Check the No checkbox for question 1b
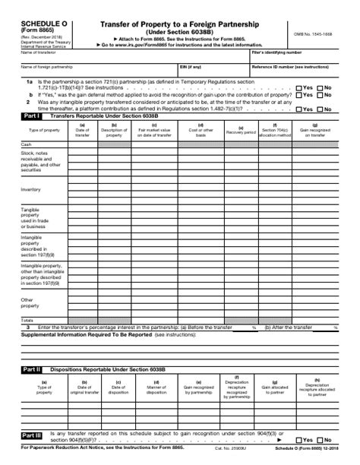tap(320, 95)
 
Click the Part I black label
tap(31, 115)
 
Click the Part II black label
tap(31, 369)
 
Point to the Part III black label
tap(31, 437)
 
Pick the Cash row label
tap(27, 144)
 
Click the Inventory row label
tap(31, 189)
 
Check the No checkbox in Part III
tap(321, 440)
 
